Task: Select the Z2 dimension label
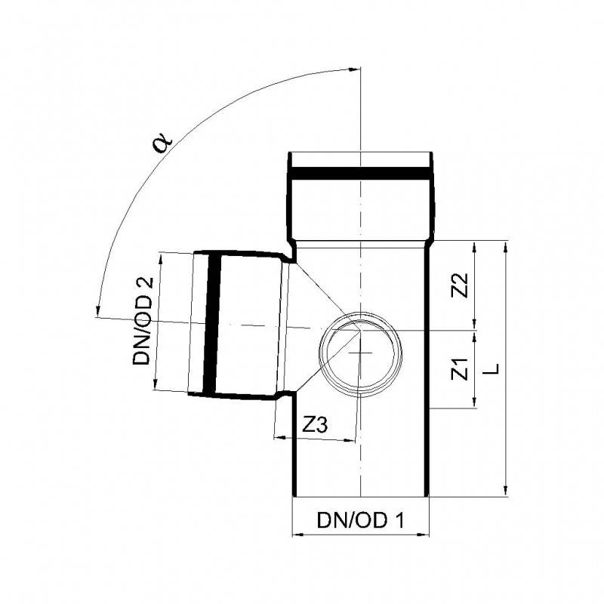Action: pyautogui.click(x=460, y=285)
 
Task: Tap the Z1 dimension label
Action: pyautogui.click(x=460, y=368)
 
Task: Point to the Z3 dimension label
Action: pyautogui.click(x=315, y=425)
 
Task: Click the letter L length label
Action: pyautogui.click(x=492, y=368)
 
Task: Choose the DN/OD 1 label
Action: pyautogui.click(x=361, y=520)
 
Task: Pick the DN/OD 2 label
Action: pyautogui.click(x=143, y=321)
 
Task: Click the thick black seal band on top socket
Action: pyautogui.click(x=360, y=173)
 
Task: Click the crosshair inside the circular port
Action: pyautogui.click(x=360, y=353)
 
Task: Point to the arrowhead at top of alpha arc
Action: pyautogui.click(x=353, y=69)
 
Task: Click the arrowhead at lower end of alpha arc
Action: pyautogui.click(x=98, y=311)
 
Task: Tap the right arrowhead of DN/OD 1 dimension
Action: pyautogui.click(x=423, y=535)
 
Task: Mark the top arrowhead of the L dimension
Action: pyautogui.click(x=505, y=247)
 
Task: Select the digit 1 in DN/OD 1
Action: pyautogui.click(x=400, y=520)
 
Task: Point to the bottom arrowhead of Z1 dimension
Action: pyautogui.click(x=475, y=402)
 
